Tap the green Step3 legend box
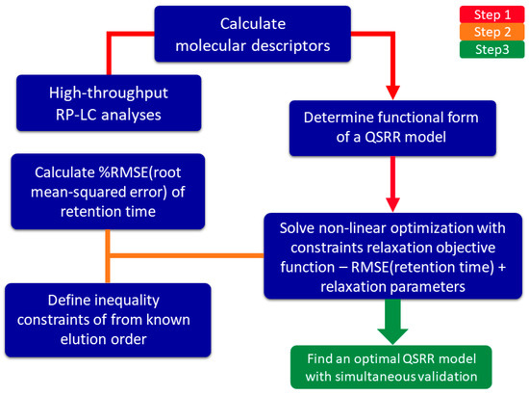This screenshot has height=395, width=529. (x=481, y=59)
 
